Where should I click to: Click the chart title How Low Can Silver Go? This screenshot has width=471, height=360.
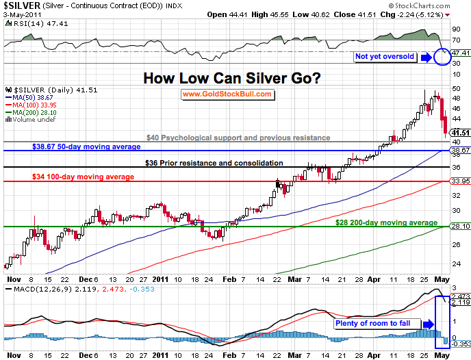point(232,78)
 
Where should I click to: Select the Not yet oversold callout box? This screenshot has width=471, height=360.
point(385,56)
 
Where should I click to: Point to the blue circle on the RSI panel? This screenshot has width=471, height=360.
point(442,55)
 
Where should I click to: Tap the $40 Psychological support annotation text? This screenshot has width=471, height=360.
point(238,138)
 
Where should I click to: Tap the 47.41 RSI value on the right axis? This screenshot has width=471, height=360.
point(460,52)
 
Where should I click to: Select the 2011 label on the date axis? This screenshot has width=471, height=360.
point(161,279)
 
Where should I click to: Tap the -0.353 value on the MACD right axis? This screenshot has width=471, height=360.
point(460,344)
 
